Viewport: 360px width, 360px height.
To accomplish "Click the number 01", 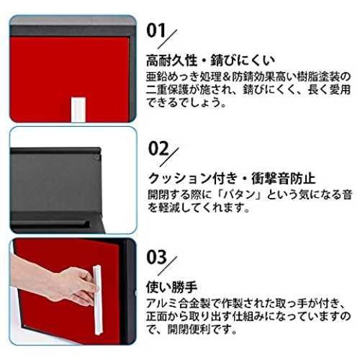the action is (156, 30).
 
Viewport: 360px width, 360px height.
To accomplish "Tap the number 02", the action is (158, 148).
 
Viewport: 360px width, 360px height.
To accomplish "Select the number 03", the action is (156, 257).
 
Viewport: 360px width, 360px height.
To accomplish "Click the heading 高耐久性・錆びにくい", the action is (210, 60).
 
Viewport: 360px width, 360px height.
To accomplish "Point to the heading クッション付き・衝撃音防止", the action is (232, 179).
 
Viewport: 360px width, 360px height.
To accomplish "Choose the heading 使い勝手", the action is (171, 287).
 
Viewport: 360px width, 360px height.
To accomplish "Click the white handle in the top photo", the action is (78, 109).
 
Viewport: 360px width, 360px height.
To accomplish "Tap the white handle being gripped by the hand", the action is (98, 300).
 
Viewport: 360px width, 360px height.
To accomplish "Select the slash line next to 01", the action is (167, 39).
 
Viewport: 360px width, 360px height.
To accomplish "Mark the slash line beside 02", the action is (169, 157).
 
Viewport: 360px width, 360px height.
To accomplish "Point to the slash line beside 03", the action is (167, 266).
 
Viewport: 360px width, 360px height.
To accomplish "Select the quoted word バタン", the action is (241, 194).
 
